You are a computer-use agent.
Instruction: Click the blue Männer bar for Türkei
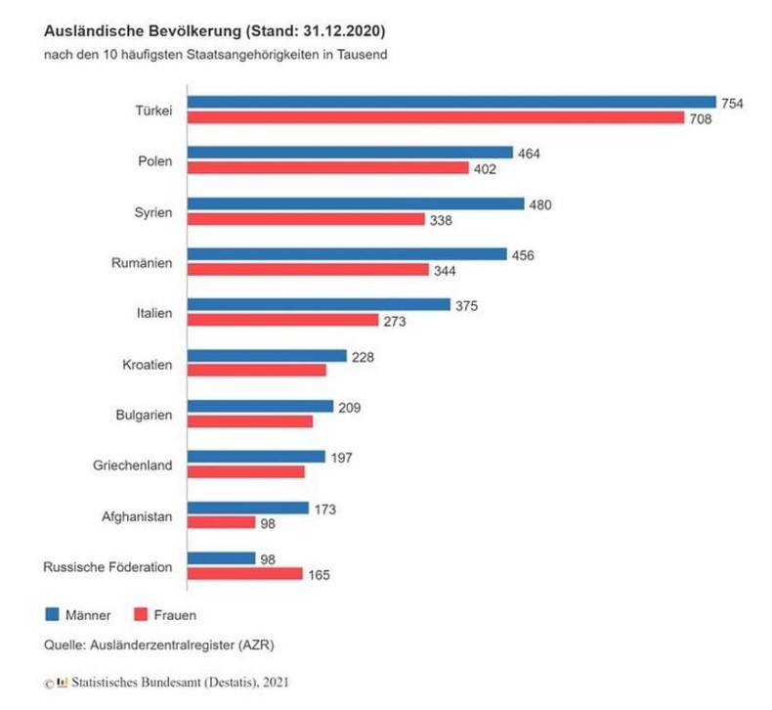pyautogui.click(x=451, y=101)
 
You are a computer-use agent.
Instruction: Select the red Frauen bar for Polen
pyautogui.click(x=328, y=168)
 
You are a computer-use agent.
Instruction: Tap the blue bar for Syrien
pyautogui.click(x=356, y=204)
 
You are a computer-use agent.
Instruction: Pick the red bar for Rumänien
pyautogui.click(x=308, y=269)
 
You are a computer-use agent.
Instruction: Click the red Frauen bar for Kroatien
pyautogui.click(x=256, y=371)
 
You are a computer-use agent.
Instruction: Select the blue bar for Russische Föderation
pyautogui.click(x=221, y=557)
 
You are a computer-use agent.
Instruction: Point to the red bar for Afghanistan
pyautogui.click(x=221, y=523)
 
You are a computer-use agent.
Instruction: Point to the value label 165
pyautogui.click(x=319, y=575)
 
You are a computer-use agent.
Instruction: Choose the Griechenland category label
pyautogui.click(x=131, y=465)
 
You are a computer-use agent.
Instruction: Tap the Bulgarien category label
pyautogui.click(x=144, y=415)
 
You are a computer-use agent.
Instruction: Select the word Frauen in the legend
pyautogui.click(x=176, y=615)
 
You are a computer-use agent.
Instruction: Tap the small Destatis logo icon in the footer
pyautogui.click(x=64, y=681)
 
